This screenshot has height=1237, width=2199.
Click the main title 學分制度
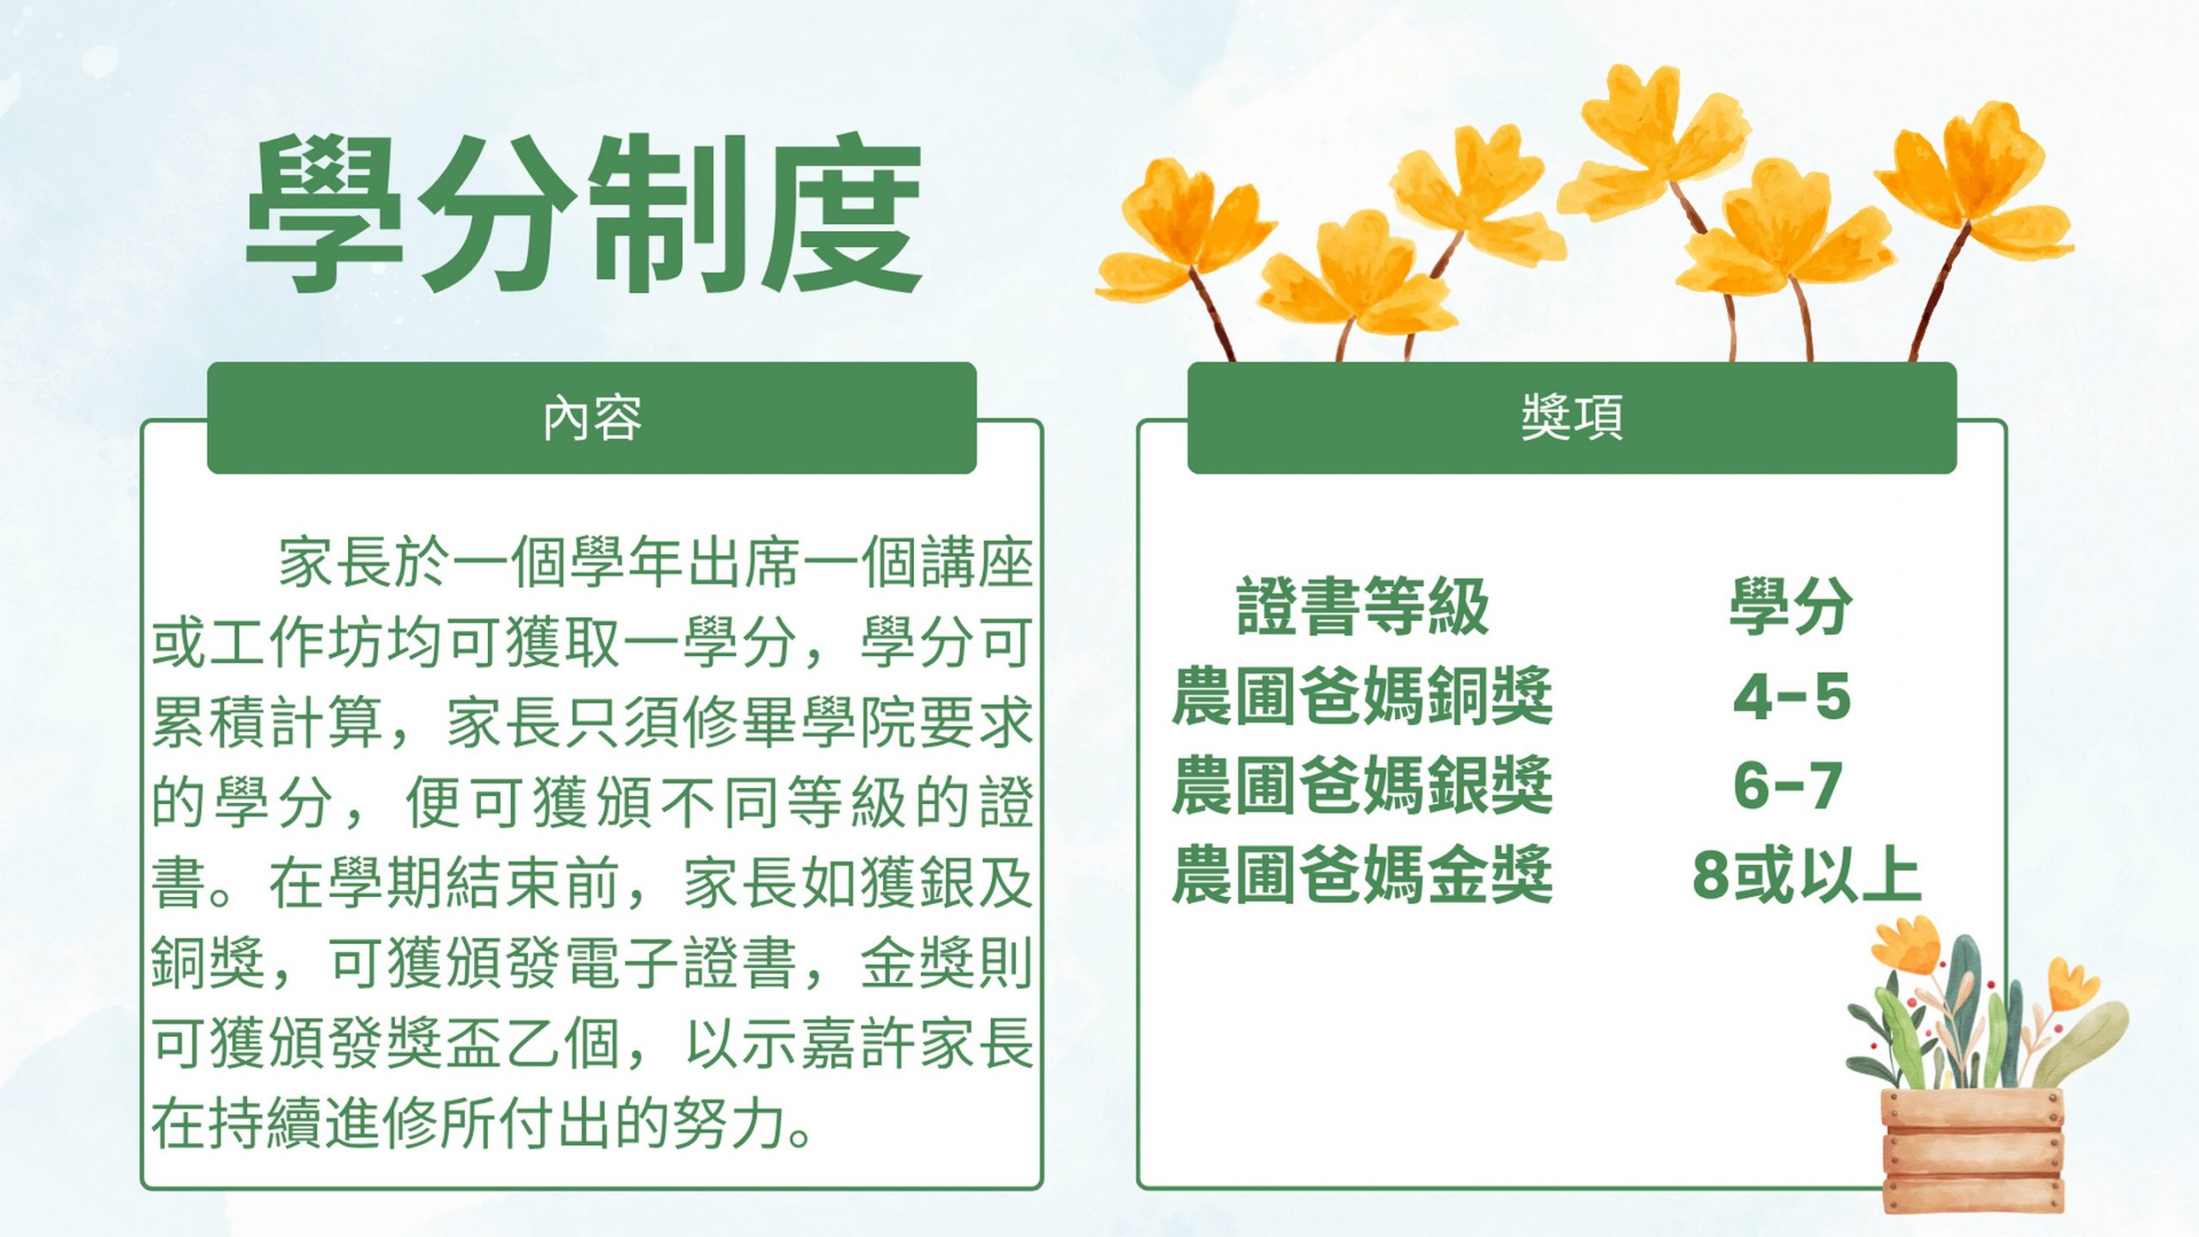(584, 213)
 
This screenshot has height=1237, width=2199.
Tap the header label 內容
(592, 418)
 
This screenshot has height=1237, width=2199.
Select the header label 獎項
(1572, 418)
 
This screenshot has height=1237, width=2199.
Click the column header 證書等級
(1362, 606)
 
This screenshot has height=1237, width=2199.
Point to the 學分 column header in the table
(1791, 606)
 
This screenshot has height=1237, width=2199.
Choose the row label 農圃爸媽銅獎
(1362, 696)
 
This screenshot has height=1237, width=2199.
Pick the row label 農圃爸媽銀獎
(1362, 785)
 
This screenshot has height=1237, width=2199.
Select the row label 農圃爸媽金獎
(1362, 874)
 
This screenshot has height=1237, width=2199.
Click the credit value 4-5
(1792, 697)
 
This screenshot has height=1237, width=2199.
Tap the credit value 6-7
(1788, 786)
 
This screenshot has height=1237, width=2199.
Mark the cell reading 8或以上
(1806, 875)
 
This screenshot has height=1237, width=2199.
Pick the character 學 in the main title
(325, 213)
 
